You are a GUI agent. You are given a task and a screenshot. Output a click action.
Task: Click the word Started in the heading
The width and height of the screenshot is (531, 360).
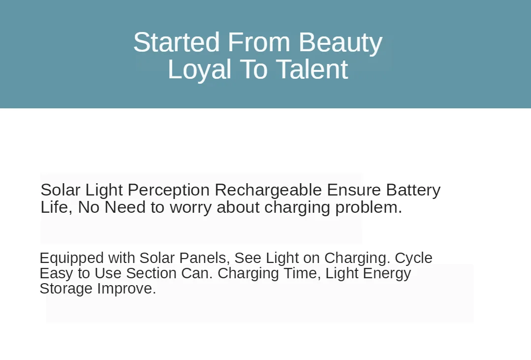tap(177, 42)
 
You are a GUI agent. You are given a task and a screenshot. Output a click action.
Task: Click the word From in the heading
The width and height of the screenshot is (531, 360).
tap(259, 42)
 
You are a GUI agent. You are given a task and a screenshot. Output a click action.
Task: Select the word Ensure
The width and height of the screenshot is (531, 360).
tap(354, 190)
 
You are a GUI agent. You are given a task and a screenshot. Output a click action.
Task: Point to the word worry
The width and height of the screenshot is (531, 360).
tap(190, 208)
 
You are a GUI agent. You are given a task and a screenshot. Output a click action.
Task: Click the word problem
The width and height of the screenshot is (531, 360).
tap(369, 208)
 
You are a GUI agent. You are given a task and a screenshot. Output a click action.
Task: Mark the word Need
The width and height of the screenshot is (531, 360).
tap(125, 207)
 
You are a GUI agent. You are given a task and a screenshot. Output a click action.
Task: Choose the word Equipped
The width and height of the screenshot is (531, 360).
tap(71, 259)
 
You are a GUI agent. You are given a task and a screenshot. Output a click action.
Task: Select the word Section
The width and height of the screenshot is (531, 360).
tap(151, 273)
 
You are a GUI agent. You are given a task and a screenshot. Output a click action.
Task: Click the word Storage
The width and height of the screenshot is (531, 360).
tap(66, 289)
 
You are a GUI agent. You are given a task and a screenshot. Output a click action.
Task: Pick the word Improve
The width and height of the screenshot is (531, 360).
tap(126, 289)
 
